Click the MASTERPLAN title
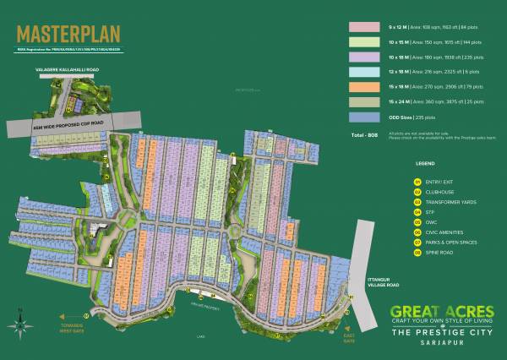click(x=68, y=35)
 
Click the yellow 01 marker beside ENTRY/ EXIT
click(x=417, y=181)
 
